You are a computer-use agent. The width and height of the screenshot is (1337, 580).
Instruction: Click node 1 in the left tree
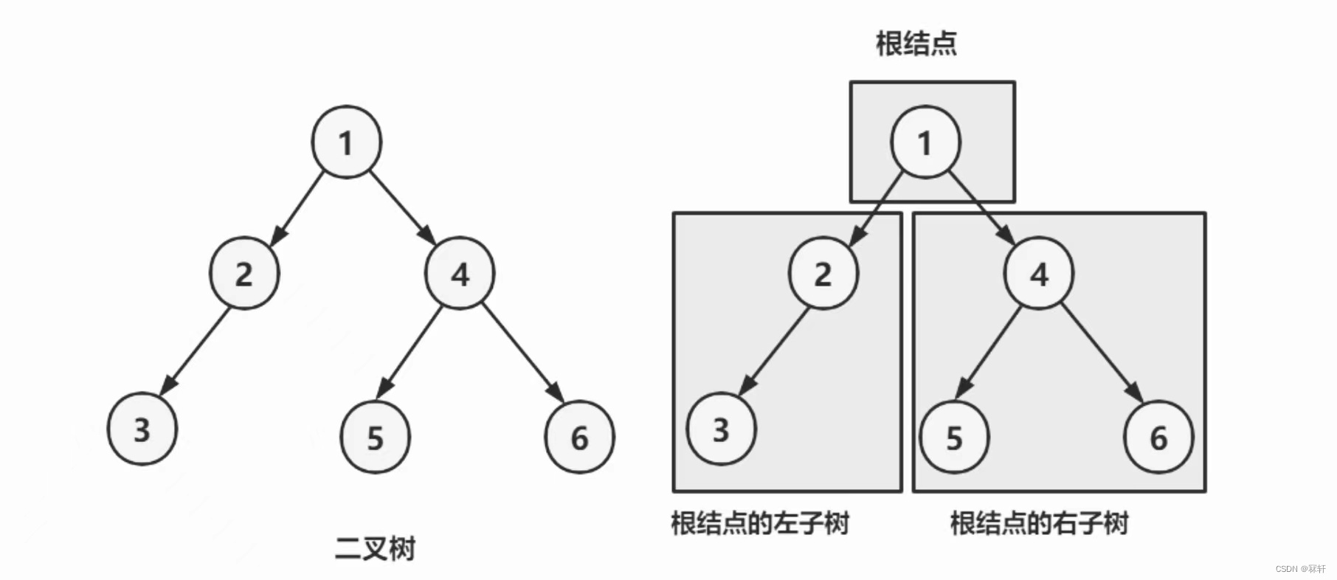[x=347, y=142]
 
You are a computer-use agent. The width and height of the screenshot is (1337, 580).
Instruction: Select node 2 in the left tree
[x=244, y=273]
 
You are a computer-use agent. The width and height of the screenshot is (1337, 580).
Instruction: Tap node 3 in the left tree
[x=142, y=429]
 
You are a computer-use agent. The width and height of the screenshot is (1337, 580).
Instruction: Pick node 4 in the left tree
[x=460, y=273]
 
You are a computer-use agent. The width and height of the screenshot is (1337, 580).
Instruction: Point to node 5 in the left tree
[x=375, y=437]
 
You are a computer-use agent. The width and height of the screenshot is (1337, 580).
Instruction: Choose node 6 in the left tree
[x=579, y=437]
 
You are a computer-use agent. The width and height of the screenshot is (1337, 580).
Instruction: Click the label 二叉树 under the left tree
[x=375, y=548]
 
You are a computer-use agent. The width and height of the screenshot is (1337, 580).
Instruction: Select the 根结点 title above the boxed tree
[x=916, y=43]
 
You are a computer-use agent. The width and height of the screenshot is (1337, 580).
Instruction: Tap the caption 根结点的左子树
[x=760, y=523]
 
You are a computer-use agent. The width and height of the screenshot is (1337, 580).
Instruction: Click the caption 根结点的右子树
[x=1039, y=523]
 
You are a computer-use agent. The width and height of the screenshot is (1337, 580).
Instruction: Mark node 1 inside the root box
[x=926, y=142]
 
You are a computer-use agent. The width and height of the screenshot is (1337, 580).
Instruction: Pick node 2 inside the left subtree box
[x=823, y=273]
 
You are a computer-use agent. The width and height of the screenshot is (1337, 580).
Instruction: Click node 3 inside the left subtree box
[x=722, y=429]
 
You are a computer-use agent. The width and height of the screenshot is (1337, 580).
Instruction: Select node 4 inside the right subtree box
[x=1039, y=273]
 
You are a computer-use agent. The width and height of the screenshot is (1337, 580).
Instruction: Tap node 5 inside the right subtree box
[x=954, y=437]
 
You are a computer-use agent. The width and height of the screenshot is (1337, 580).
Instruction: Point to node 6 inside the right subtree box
[x=1158, y=437]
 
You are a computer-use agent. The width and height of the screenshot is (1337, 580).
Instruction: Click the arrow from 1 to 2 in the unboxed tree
[x=297, y=208]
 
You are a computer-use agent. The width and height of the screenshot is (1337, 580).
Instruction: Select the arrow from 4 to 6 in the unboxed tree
[x=523, y=352]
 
